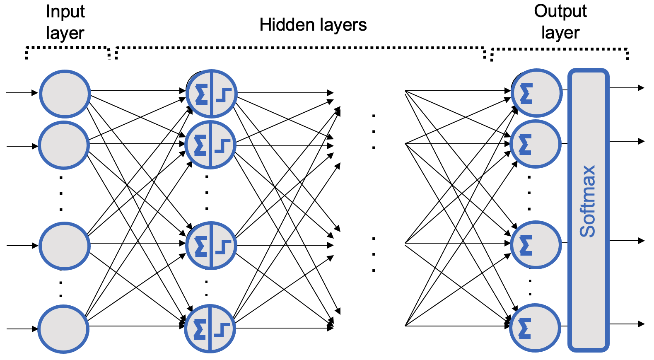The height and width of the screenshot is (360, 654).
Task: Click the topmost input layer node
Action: click(65, 94)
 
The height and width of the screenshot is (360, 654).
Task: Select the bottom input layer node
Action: click(63, 329)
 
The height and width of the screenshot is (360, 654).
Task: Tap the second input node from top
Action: click(64, 145)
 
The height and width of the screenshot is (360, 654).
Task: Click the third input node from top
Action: click(64, 246)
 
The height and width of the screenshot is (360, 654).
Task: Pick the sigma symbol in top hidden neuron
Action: click(201, 94)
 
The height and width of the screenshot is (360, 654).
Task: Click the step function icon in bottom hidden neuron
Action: click(222, 330)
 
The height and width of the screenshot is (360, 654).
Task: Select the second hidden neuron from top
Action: click(210, 145)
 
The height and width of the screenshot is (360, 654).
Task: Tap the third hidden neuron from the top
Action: click(211, 246)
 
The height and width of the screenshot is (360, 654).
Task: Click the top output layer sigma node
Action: click(536, 93)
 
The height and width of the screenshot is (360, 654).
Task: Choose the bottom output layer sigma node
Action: click(535, 328)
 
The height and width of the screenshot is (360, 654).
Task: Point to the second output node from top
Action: click(535, 144)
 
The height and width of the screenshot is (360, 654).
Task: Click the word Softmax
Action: click(588, 201)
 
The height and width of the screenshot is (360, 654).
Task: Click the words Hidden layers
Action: click(313, 25)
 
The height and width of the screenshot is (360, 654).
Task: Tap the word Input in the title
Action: click(65, 11)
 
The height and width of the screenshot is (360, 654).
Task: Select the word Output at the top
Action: click(560, 11)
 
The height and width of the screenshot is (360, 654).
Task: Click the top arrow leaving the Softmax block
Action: click(626, 88)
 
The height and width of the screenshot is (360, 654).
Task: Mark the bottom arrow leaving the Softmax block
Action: click(626, 324)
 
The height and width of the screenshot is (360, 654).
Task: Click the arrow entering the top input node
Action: click(22, 93)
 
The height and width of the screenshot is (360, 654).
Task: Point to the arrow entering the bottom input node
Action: click(22, 329)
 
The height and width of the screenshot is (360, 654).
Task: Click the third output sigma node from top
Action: click(536, 245)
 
